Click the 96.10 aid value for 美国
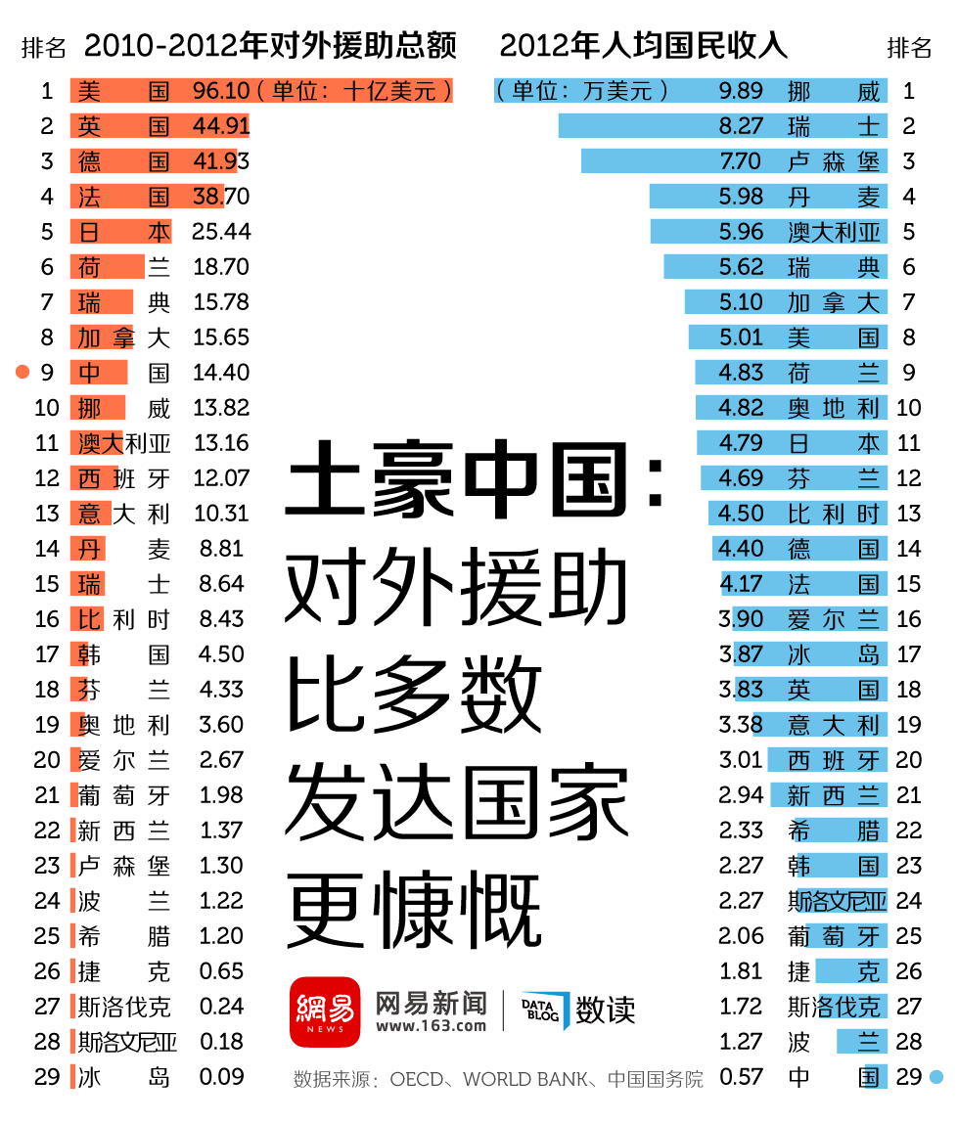(x=221, y=91)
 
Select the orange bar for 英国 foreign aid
(x=159, y=126)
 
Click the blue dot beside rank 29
(x=936, y=1077)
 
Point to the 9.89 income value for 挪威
(x=740, y=91)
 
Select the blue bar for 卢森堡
(x=734, y=161)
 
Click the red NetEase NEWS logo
(x=325, y=1011)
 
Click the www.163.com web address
(x=431, y=1026)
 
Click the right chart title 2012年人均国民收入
(x=643, y=46)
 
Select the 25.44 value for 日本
(x=221, y=232)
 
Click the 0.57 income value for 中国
(x=740, y=1077)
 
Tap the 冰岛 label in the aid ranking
(x=123, y=1077)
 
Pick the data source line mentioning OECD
(x=497, y=1080)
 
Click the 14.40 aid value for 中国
(x=221, y=373)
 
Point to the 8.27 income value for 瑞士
(x=740, y=126)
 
